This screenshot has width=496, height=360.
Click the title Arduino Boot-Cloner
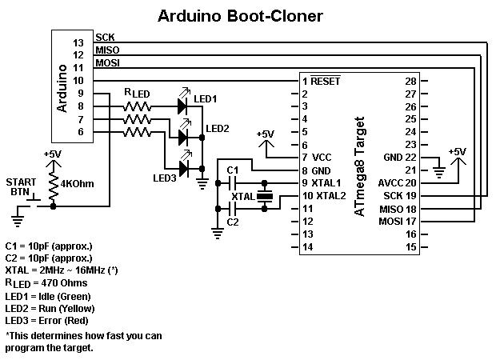pos(240,15)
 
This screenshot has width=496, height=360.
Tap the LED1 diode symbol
pos(182,105)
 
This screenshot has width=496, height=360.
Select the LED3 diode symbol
pos(183,168)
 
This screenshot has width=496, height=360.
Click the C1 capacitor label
pos(233,170)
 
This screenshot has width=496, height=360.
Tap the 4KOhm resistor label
pos(76,183)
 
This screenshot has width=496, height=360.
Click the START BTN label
pos(21,186)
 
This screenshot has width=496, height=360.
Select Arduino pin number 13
pos(78,42)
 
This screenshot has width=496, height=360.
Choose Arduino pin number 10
pos(78,81)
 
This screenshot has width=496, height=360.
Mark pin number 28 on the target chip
pos(410,82)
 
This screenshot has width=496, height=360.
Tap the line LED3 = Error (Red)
pos(49,320)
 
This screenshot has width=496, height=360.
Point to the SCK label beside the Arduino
pos(105,37)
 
